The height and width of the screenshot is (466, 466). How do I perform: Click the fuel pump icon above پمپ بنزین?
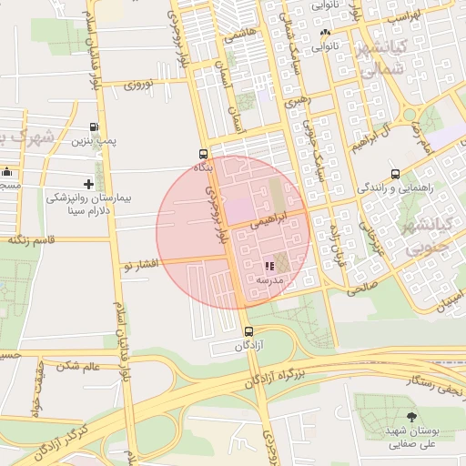[x=95, y=127]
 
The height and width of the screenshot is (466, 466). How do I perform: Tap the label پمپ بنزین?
[x=95, y=142]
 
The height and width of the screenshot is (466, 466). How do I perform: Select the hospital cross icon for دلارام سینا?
[x=88, y=184]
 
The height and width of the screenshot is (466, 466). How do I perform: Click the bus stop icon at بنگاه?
[x=203, y=154]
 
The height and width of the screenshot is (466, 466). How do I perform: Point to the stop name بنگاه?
[x=203, y=167]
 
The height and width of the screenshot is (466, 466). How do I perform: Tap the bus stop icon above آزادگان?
[x=249, y=331]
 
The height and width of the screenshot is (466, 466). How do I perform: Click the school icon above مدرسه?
[x=268, y=266]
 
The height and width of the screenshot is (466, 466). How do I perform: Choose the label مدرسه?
[x=269, y=280]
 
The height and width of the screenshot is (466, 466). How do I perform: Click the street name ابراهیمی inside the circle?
[x=273, y=219]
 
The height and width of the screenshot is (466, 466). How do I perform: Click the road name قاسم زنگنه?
[x=31, y=240]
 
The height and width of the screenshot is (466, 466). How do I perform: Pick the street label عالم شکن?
[x=77, y=365]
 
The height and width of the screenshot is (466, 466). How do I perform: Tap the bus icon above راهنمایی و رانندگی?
[x=395, y=174]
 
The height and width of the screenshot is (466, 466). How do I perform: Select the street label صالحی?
[x=360, y=286]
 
